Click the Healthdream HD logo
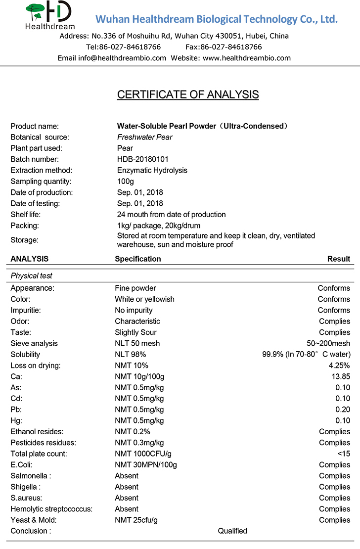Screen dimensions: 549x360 [49, 15]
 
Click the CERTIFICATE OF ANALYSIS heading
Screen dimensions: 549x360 [188, 94]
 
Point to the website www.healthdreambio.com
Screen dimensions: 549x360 [247, 58]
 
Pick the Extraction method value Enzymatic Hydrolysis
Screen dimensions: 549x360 [152, 170]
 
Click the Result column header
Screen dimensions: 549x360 [339, 259]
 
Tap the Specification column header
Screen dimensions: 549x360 [138, 259]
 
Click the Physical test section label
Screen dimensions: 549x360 [31, 275]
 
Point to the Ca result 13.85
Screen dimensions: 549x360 [341, 376]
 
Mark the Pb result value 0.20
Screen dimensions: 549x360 [343, 410]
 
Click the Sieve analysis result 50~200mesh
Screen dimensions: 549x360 [328, 343]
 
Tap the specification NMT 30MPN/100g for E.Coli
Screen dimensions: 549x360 [146, 465]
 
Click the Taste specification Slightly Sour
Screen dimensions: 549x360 [135, 332]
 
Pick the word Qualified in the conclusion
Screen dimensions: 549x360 [232, 531]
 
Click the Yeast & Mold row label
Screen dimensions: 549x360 [34, 520]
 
